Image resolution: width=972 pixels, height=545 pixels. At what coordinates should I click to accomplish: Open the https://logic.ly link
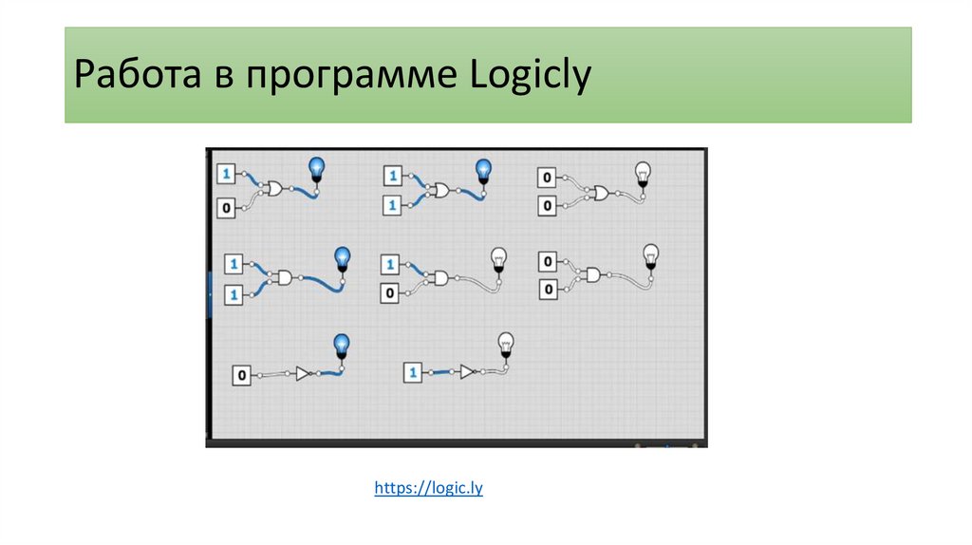[429, 489]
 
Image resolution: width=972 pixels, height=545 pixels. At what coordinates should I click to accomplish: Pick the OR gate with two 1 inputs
[440, 190]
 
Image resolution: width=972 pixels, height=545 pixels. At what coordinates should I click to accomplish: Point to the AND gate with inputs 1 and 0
[439, 277]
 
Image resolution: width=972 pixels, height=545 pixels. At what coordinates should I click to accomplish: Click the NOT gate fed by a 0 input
[302, 374]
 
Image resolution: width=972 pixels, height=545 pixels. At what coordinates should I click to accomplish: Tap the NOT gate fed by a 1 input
[467, 371]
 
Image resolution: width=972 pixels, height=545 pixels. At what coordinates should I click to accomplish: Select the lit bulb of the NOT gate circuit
[340, 347]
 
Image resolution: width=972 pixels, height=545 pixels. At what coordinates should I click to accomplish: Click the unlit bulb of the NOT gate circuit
[506, 344]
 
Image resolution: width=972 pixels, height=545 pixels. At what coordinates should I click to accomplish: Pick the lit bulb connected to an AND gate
[343, 259]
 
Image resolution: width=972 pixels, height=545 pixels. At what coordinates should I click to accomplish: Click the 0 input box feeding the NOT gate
[242, 376]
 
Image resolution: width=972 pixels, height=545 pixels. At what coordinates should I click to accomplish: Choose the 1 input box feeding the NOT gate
[413, 373]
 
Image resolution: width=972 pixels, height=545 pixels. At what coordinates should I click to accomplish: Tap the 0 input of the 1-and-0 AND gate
[389, 293]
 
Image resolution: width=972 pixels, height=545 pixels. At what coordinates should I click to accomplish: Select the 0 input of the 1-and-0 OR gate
[226, 207]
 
